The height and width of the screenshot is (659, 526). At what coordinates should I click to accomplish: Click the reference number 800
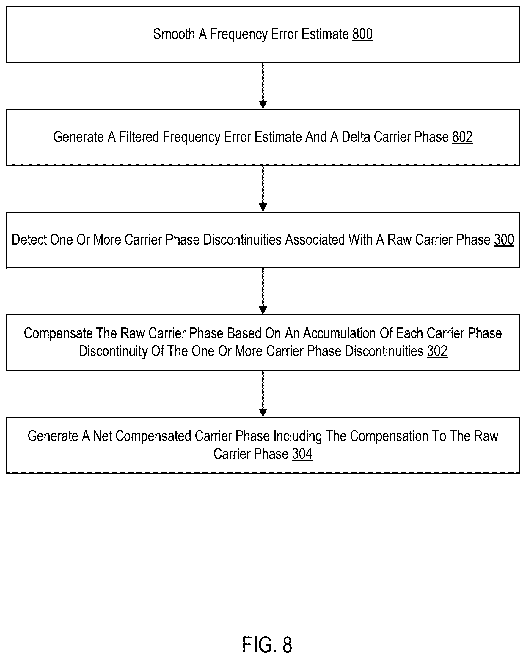(362, 34)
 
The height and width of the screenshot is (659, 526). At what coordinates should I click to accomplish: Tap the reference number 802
(462, 137)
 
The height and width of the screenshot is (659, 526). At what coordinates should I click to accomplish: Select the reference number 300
(504, 239)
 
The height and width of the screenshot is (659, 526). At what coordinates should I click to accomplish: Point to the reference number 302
(437, 351)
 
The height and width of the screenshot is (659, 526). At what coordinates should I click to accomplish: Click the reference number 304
(302, 454)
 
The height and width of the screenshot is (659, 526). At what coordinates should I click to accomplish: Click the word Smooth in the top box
(174, 34)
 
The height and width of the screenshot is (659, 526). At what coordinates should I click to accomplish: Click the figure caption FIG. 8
(267, 645)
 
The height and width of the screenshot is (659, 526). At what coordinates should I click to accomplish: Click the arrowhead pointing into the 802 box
(263, 105)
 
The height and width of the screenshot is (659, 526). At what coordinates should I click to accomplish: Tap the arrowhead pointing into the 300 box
(263, 208)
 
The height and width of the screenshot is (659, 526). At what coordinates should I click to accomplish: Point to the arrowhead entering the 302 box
(263, 310)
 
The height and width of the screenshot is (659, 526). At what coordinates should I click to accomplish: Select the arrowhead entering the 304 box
(263, 413)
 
